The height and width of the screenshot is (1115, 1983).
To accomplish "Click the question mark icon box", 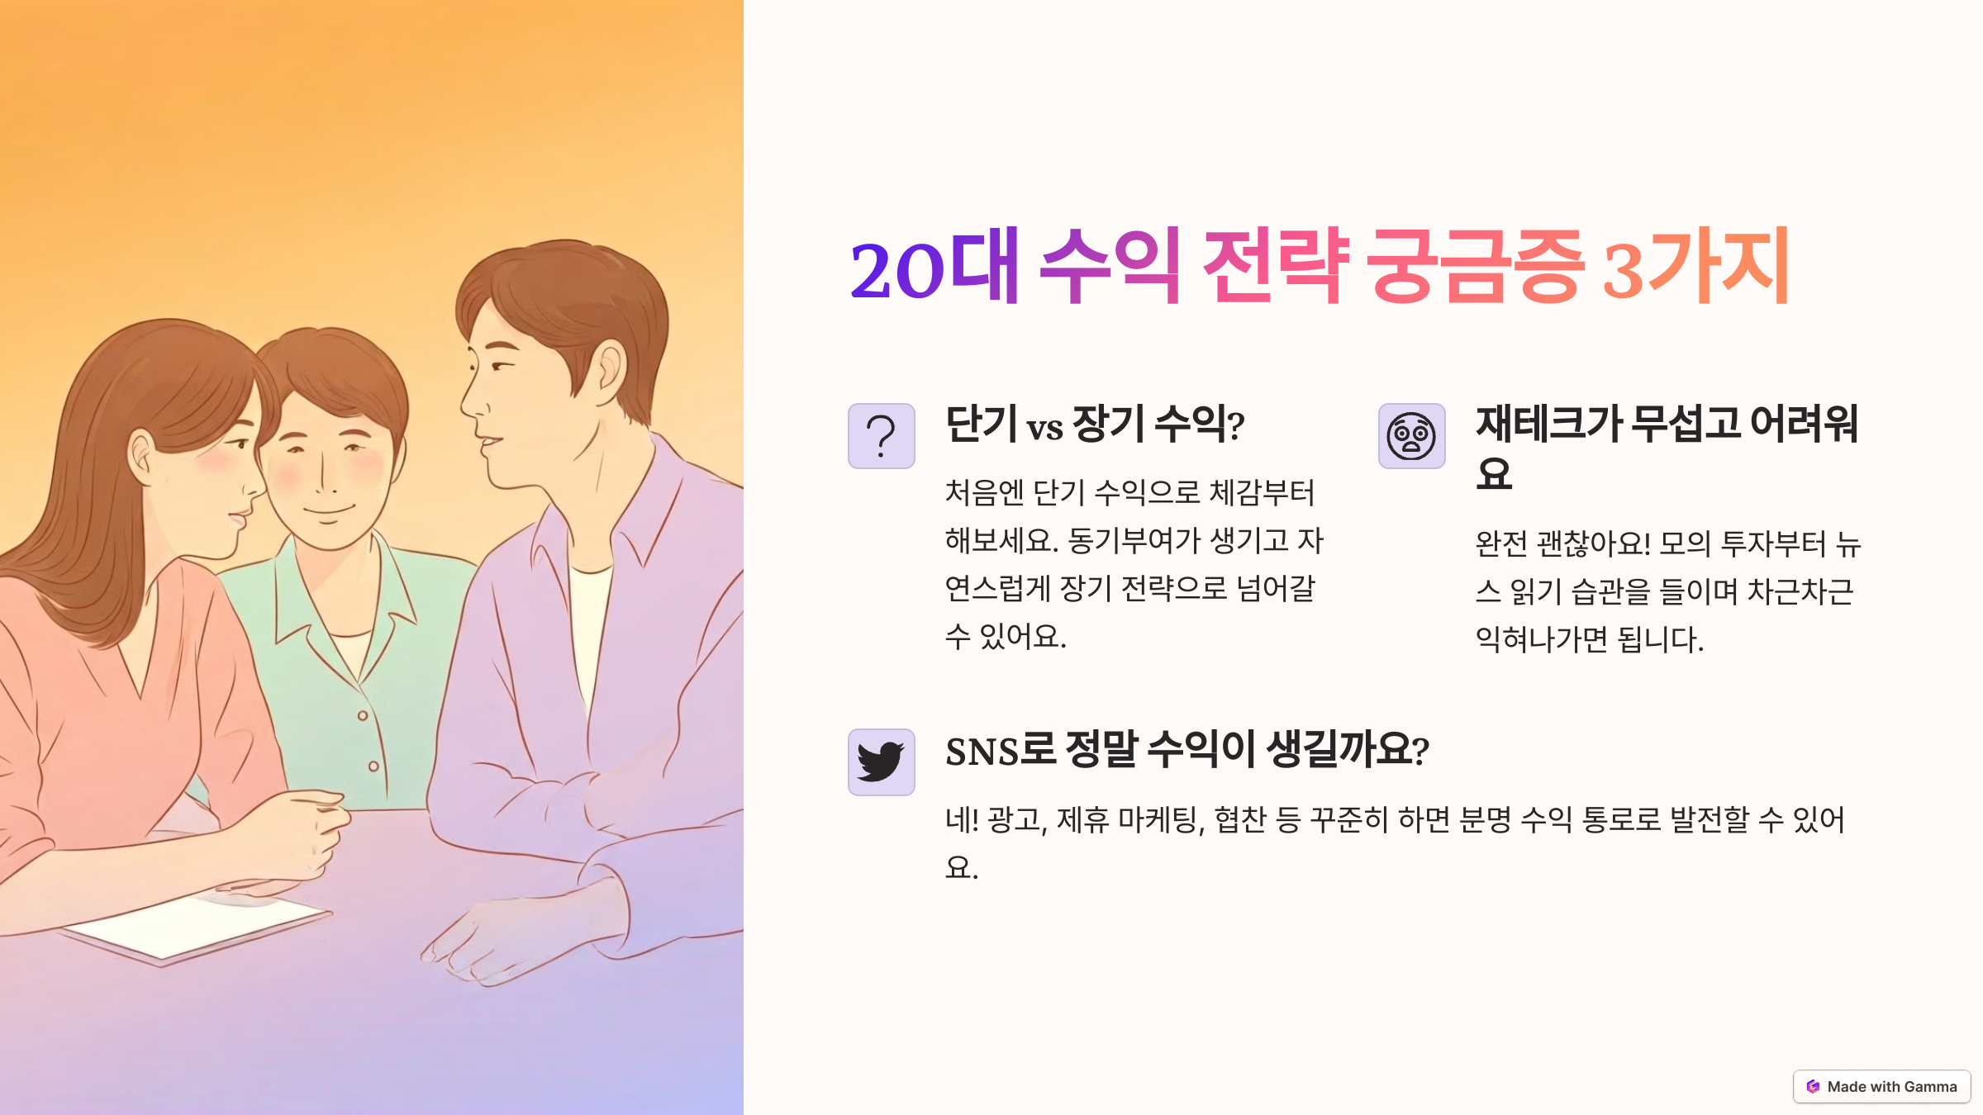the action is pyautogui.click(x=882, y=436).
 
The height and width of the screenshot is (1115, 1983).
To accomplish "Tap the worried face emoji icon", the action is pyautogui.click(x=1411, y=436).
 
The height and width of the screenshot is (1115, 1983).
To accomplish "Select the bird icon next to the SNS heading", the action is pyautogui.click(x=881, y=762).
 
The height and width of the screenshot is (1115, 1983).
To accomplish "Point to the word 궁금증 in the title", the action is pyautogui.click(x=1476, y=265).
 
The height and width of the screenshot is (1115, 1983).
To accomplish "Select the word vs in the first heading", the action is pyautogui.click(x=1045, y=429).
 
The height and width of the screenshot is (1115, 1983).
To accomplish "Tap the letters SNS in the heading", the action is pyautogui.click(x=982, y=752).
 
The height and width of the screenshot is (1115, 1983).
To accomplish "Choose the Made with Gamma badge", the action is pyautogui.click(x=1881, y=1086).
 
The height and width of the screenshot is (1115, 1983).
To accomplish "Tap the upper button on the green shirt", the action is pyautogui.click(x=363, y=715).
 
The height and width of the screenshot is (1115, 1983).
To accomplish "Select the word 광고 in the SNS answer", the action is pyautogui.click(x=1015, y=819).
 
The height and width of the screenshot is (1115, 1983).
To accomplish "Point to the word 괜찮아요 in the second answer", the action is pyautogui.click(x=1593, y=543).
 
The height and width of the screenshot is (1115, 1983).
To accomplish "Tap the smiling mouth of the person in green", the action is pyautogui.click(x=328, y=511).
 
